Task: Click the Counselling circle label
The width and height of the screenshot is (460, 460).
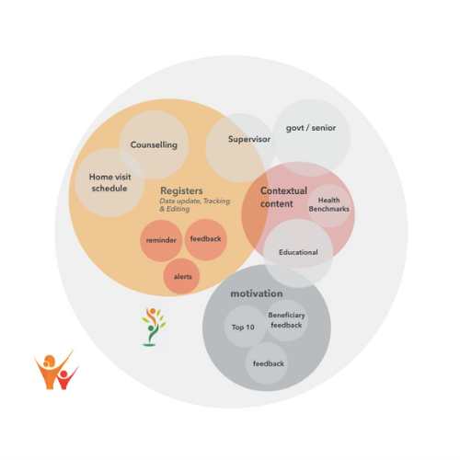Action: tap(154, 144)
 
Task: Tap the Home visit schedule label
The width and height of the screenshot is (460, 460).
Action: tap(109, 182)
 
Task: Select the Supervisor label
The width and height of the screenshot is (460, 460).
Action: tap(249, 139)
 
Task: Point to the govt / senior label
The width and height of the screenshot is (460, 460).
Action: tap(311, 128)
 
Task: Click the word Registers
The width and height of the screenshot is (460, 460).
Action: tap(181, 190)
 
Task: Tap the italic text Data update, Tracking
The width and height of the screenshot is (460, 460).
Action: tap(195, 201)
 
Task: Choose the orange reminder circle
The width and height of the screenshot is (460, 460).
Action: tap(161, 240)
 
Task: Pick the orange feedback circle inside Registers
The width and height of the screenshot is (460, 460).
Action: tap(206, 239)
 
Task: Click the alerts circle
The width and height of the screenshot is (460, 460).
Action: tap(182, 276)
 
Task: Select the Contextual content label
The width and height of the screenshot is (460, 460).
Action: tap(283, 197)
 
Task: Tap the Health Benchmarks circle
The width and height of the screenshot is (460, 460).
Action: tap(329, 205)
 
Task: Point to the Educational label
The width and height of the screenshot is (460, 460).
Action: tap(298, 252)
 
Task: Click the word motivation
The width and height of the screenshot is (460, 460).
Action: tap(257, 293)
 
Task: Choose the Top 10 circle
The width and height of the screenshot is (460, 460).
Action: tap(245, 327)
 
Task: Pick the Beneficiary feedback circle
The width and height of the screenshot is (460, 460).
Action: tap(286, 320)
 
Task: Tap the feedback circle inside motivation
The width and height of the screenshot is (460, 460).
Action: tap(267, 363)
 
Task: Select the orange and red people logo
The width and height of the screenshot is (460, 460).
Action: tap(56, 370)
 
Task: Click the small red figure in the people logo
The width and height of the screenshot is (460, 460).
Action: tap(67, 378)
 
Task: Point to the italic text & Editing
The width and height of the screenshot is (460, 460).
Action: tap(175, 209)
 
